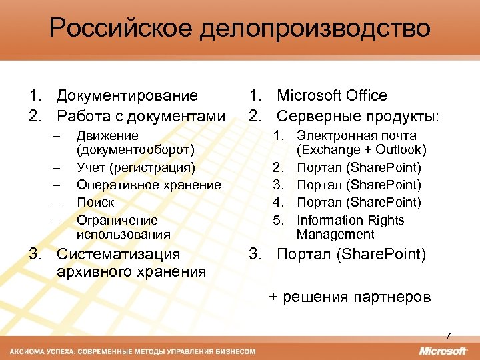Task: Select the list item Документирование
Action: point(127,96)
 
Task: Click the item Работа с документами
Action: point(141,116)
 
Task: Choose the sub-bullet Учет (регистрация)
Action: point(135,167)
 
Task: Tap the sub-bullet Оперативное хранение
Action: point(148,185)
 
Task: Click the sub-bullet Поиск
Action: point(95,202)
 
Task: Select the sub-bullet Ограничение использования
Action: point(123,227)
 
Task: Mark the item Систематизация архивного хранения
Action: point(131,263)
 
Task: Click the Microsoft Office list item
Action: point(331,96)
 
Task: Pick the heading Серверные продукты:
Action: point(357,116)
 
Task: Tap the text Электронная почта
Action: point(357,136)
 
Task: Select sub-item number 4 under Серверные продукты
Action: point(359,202)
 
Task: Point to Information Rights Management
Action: point(351,227)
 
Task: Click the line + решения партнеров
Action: point(349,297)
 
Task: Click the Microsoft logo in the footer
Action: point(443,351)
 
